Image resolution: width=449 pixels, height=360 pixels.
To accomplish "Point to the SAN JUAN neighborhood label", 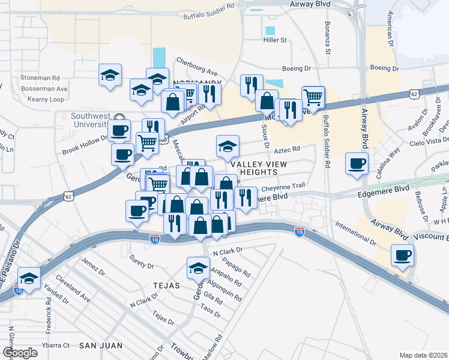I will click(x=101, y=346).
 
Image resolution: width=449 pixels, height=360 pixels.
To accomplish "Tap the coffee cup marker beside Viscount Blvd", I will click(x=402, y=255).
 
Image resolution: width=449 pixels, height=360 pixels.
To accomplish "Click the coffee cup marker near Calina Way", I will click(x=357, y=163).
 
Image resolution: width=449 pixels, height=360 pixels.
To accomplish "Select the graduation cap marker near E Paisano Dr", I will click(x=29, y=278).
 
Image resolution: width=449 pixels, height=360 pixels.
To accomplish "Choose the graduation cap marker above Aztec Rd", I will click(x=228, y=146).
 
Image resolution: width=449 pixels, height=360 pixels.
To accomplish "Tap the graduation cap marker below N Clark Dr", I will click(x=197, y=268).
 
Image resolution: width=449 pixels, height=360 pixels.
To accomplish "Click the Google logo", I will click(x=20, y=353).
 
